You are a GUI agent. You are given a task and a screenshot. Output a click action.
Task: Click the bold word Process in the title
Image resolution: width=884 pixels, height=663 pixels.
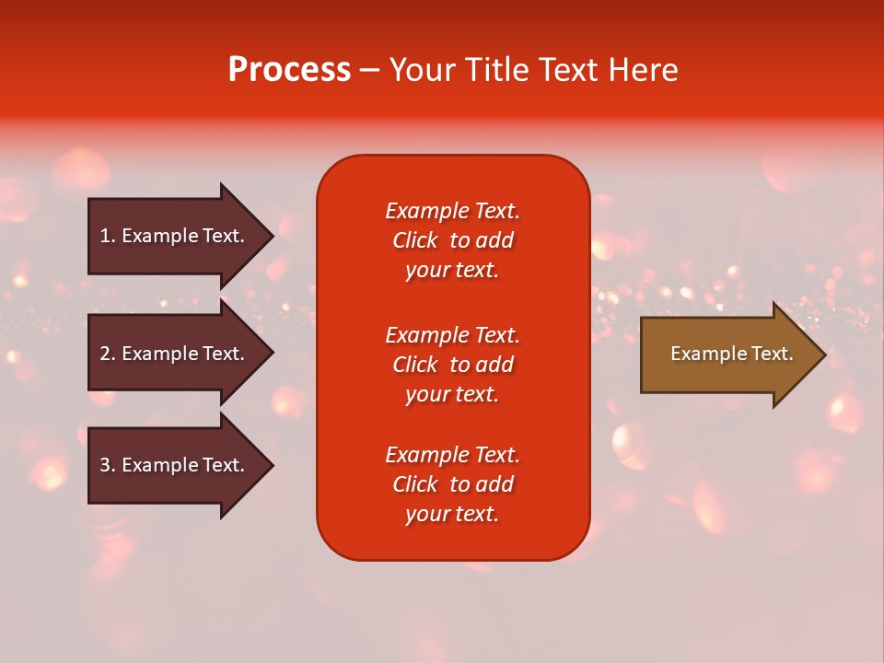pos(289,70)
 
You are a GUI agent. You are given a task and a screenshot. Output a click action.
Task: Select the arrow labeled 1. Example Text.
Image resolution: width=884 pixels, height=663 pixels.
pos(172,236)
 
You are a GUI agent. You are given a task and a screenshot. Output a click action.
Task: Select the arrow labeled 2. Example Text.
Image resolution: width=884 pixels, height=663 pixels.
pos(172,354)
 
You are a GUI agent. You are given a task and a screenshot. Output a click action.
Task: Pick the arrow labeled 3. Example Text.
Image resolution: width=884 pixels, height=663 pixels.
pos(172,465)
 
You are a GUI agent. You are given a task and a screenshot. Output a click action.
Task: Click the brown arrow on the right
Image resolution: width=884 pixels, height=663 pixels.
pos(727,355)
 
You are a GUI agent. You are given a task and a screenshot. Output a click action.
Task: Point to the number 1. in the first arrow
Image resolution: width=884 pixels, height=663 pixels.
pos(108,236)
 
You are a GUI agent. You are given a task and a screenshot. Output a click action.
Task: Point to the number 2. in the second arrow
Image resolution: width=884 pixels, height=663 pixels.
pos(108,354)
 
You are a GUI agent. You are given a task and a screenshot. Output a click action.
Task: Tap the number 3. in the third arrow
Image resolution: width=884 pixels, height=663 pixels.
pos(108,465)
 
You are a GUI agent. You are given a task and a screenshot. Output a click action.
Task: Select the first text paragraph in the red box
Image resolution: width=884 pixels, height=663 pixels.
pos(452,240)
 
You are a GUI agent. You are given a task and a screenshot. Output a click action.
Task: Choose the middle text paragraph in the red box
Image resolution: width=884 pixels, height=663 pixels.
pos(452,365)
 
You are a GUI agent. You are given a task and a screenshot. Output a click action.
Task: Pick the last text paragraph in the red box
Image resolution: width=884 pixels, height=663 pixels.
pos(452,484)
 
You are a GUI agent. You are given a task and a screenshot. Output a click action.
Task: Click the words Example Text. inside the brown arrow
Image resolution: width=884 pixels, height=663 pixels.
pos(731,354)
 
